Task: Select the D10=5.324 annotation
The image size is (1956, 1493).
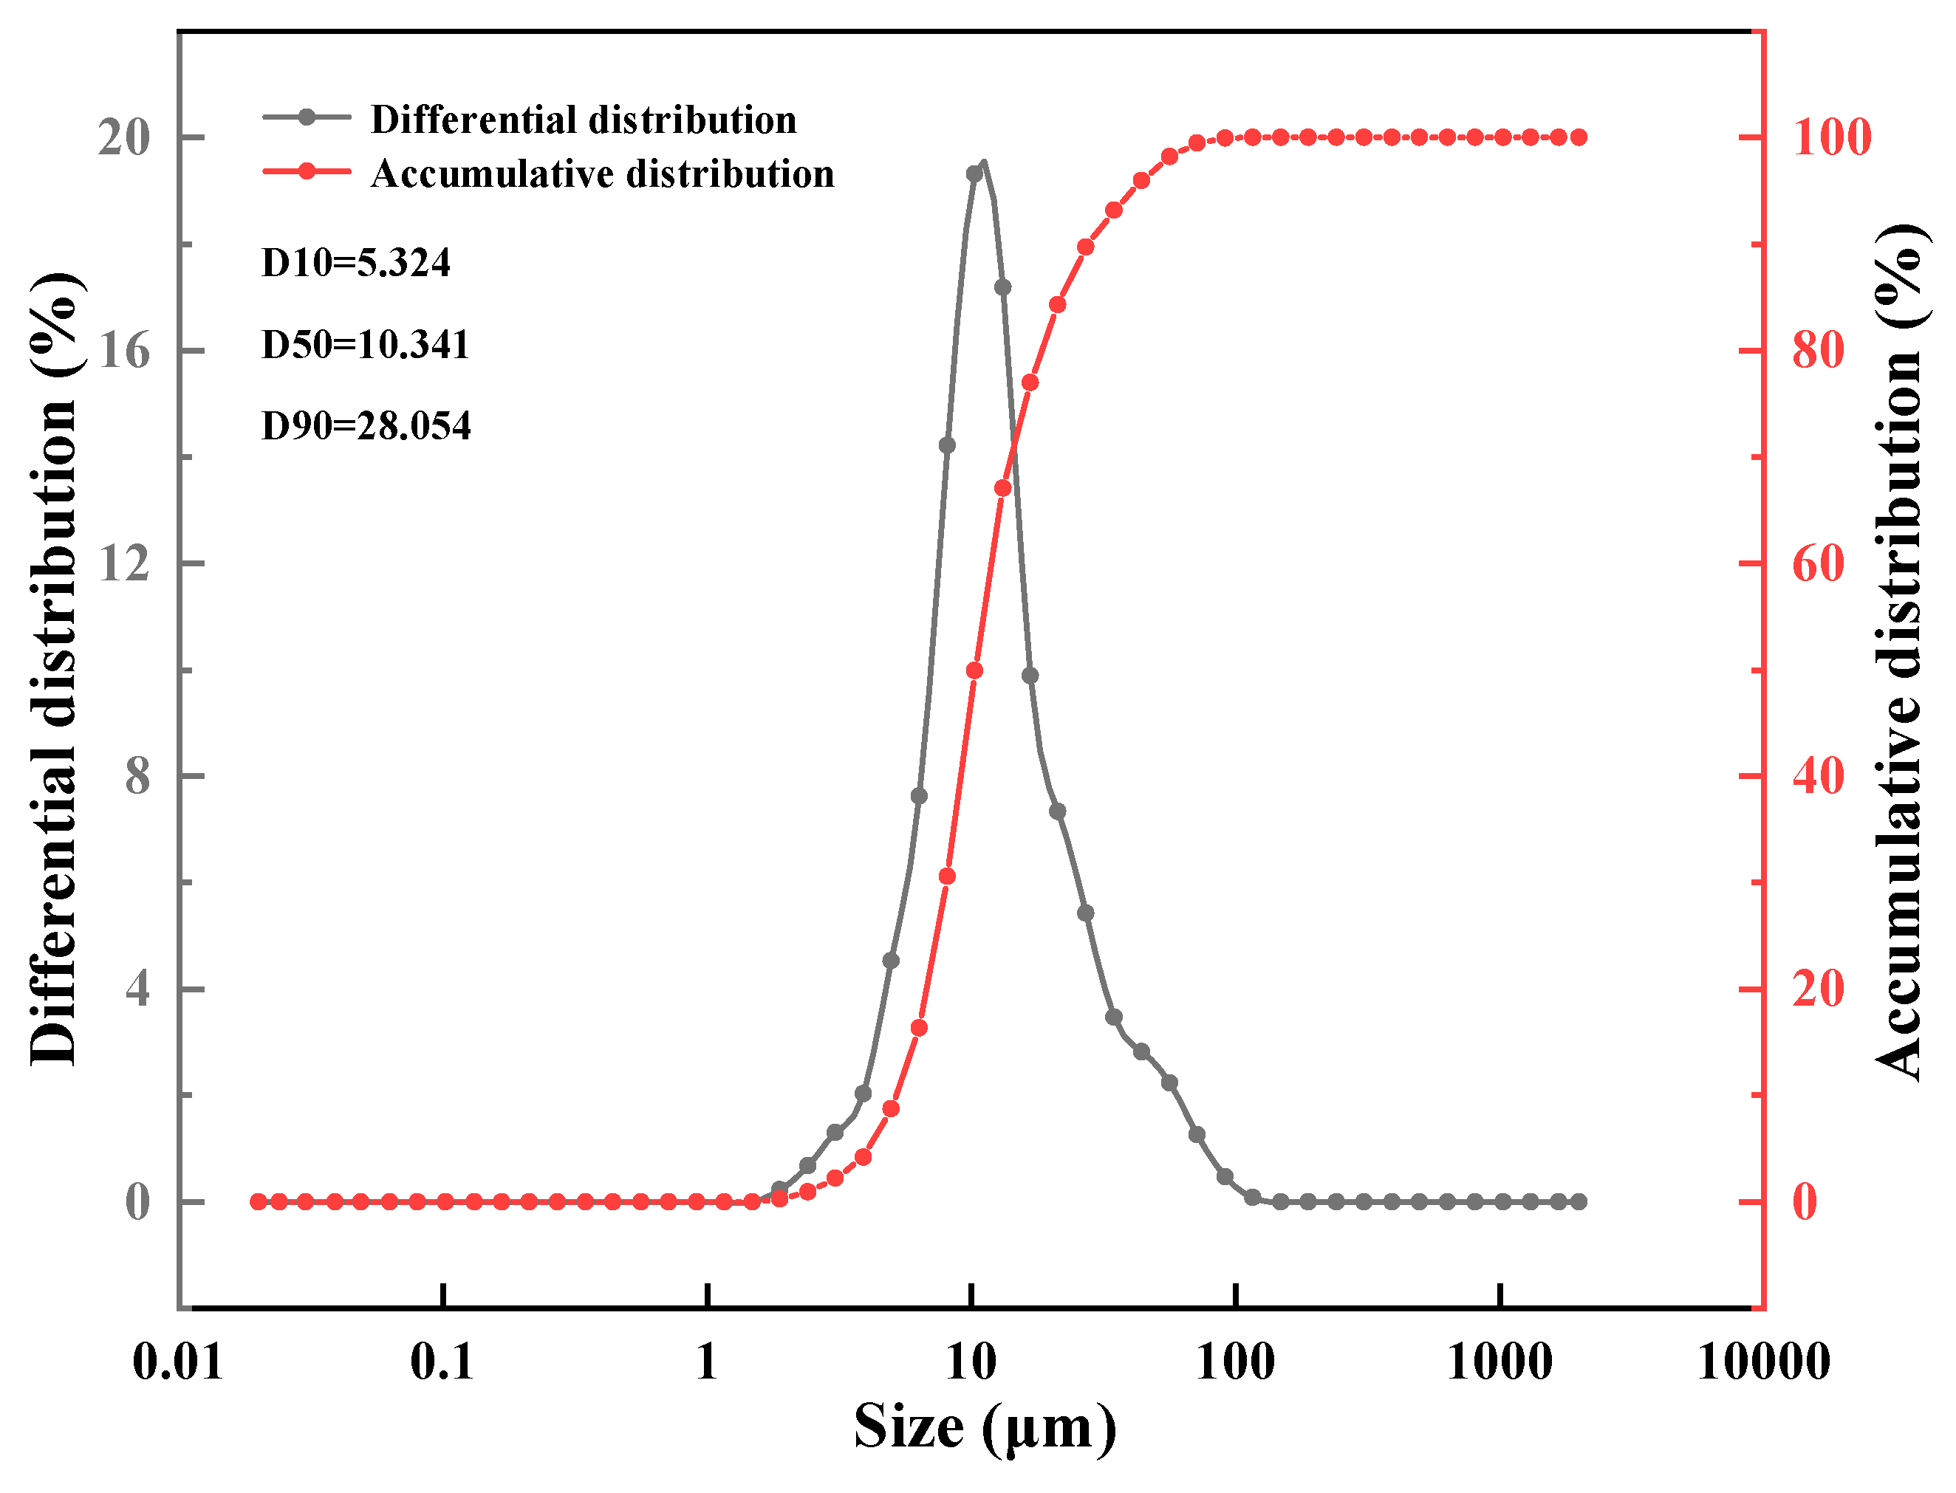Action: [355, 262]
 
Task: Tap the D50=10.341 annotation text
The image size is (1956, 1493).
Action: [364, 344]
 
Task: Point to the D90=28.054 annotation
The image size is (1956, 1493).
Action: [366, 426]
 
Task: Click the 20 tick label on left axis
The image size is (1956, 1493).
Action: [123, 138]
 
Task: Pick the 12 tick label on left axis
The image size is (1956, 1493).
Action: [123, 563]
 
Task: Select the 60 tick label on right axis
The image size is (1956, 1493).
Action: [1817, 563]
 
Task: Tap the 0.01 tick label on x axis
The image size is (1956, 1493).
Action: [177, 1362]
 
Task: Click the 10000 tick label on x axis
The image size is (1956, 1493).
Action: [1763, 1362]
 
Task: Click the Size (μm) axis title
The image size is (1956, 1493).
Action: [984, 1428]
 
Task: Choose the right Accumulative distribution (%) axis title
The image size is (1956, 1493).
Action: [1901, 653]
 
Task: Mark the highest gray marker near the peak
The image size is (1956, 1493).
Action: [974, 174]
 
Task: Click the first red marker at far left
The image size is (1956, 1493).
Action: [258, 1201]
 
